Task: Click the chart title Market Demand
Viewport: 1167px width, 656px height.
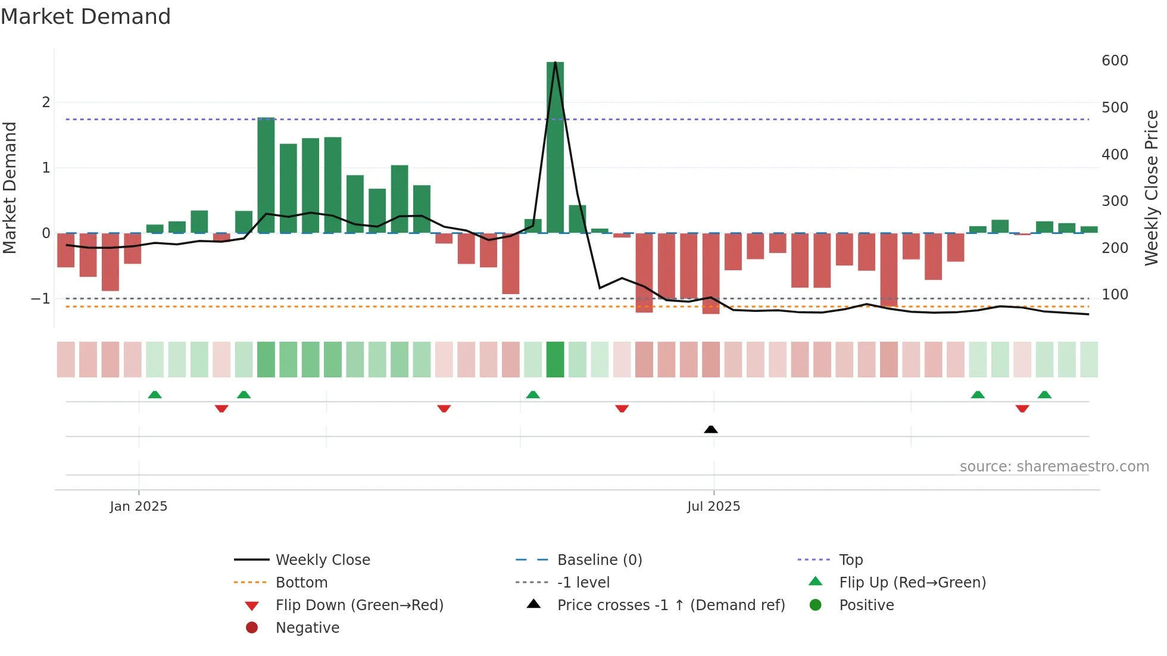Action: (86, 17)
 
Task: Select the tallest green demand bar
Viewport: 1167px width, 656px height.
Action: (555, 149)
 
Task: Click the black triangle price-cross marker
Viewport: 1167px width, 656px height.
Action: (710, 429)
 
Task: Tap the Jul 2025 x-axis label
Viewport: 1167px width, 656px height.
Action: (713, 507)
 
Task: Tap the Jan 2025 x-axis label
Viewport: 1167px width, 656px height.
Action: (139, 507)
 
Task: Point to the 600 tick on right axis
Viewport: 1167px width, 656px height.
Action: (1115, 61)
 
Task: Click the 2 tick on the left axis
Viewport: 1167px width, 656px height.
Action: (46, 102)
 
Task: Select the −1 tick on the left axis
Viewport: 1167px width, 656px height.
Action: (41, 299)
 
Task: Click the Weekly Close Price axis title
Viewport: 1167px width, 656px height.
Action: (1152, 188)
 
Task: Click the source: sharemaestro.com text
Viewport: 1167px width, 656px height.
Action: (1054, 467)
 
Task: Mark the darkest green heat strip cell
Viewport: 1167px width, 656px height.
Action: (555, 360)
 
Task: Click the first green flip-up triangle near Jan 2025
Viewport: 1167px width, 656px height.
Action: (155, 395)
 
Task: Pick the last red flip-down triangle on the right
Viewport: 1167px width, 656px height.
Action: (1022, 408)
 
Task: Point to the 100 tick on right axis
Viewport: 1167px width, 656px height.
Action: (1115, 295)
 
